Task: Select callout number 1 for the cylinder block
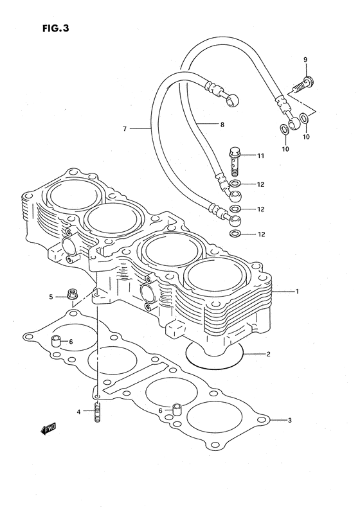(297, 292)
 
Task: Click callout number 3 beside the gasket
(289, 421)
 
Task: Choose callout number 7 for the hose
(125, 128)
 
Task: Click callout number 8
(222, 125)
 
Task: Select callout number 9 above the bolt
(305, 60)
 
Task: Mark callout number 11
(260, 156)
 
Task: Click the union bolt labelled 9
(303, 82)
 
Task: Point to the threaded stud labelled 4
(97, 410)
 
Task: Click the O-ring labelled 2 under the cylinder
(215, 355)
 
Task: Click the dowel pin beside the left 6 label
(56, 340)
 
